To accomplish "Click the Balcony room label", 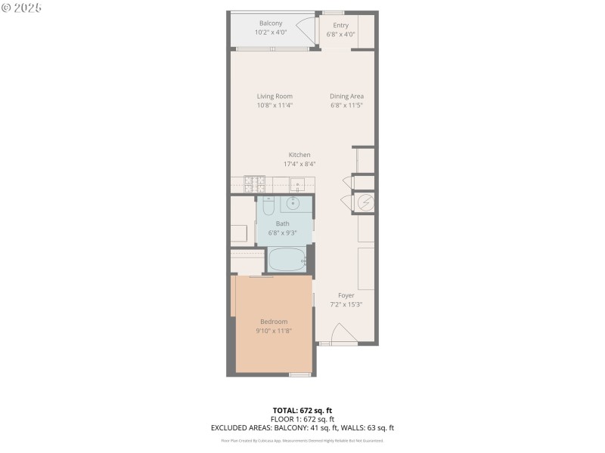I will (x=271, y=23).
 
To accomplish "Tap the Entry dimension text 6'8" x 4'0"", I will (x=340, y=34).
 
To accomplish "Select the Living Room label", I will (x=275, y=96).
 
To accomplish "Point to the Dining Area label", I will (x=347, y=96).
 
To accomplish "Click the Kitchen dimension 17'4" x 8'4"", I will (x=299, y=164).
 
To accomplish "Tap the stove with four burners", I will (x=253, y=183).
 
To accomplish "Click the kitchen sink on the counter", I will (x=297, y=183).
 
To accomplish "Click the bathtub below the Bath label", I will (x=287, y=260).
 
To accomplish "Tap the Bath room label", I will (x=282, y=223).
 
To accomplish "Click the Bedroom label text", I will (x=274, y=322).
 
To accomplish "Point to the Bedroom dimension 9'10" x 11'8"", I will (x=274, y=331).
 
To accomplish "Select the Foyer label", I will (x=346, y=295).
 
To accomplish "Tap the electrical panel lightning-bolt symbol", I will (x=365, y=202).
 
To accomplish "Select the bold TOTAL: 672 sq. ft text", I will (x=302, y=409).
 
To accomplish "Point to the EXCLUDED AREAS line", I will (x=302, y=428).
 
